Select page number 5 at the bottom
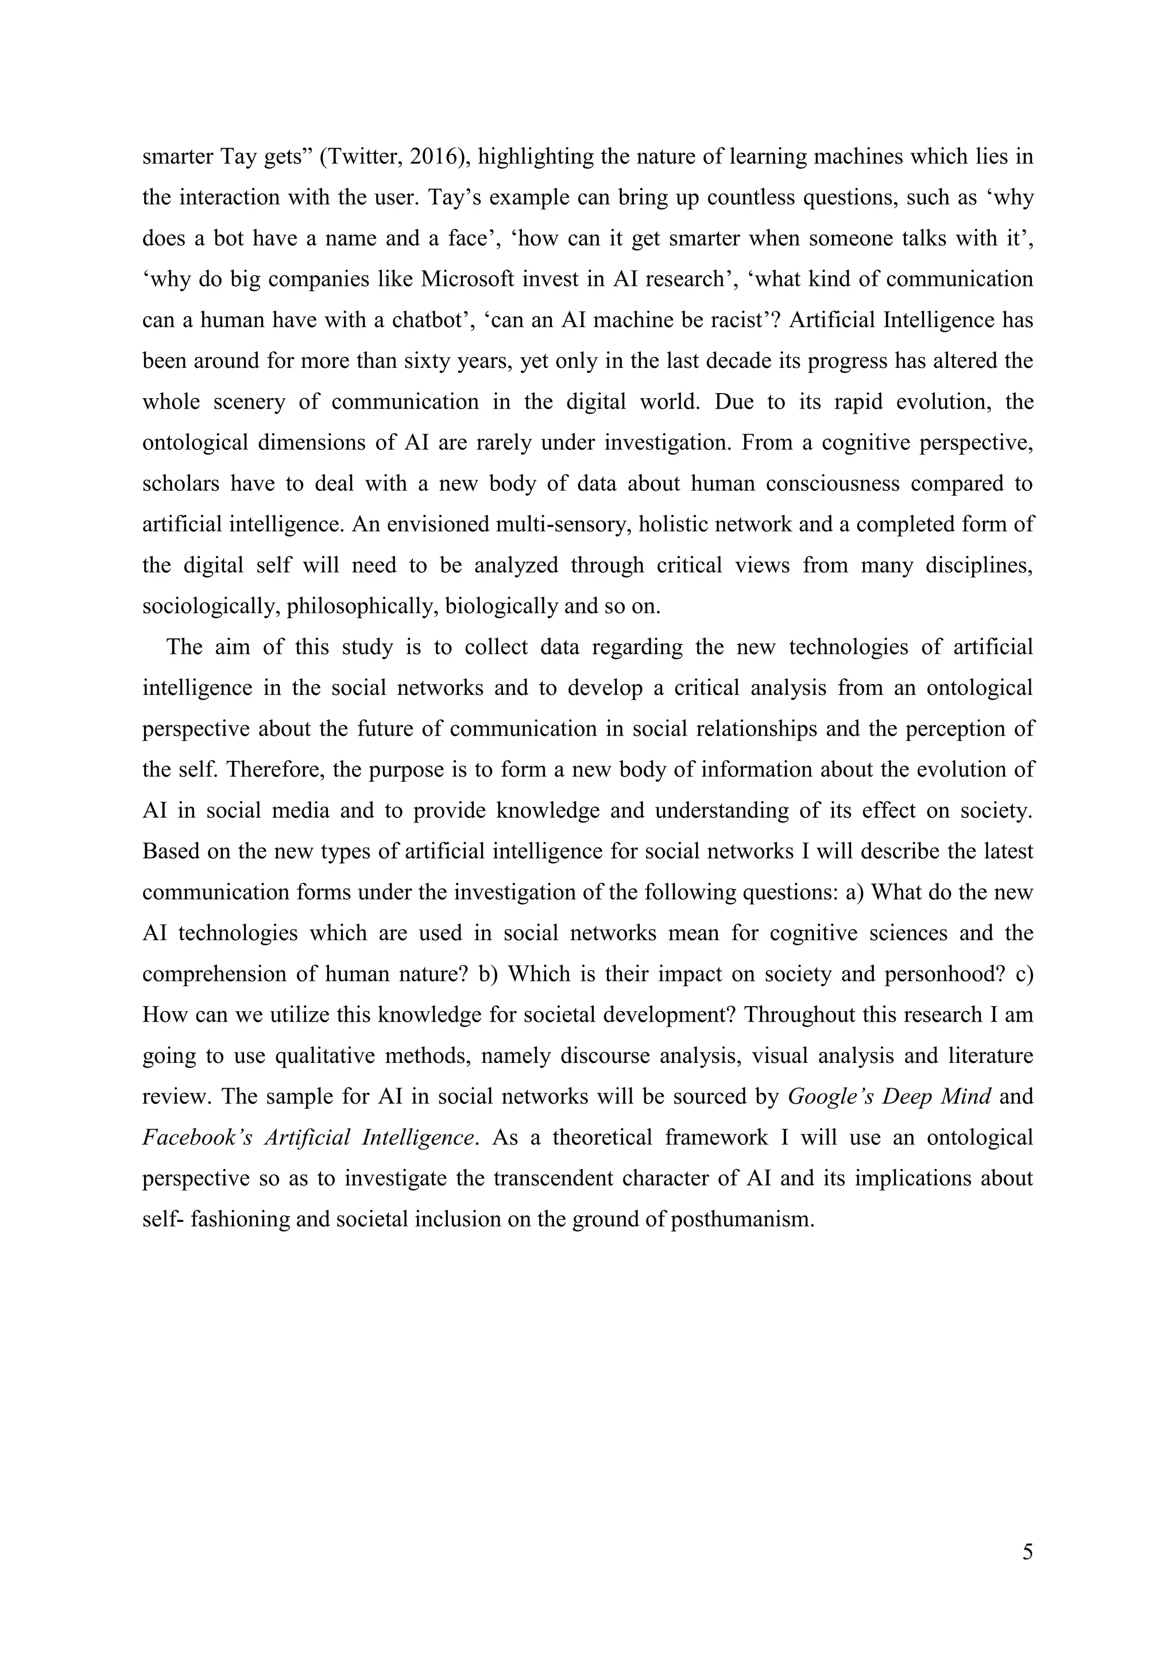(1027, 1553)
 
